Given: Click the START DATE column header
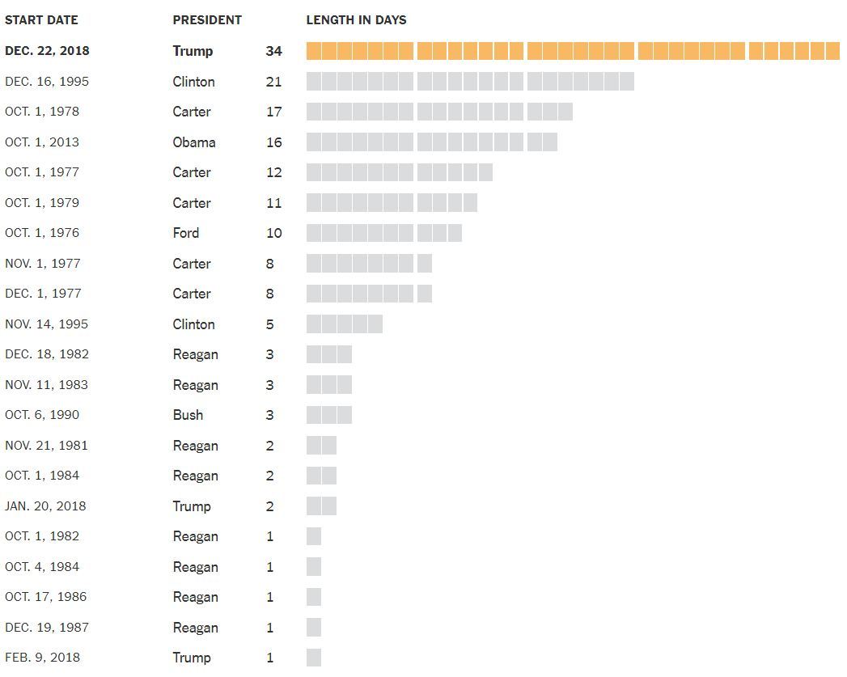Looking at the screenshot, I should coord(40,20).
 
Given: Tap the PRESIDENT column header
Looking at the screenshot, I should coord(207,20).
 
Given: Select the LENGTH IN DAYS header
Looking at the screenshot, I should coord(356,20).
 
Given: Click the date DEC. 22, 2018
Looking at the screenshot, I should coord(47,51).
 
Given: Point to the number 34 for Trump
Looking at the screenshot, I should coord(273,51).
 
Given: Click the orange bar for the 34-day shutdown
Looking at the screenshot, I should coord(573,51).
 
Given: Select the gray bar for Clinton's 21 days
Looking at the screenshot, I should coord(469,81).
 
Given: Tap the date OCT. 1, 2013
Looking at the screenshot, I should coord(42,142).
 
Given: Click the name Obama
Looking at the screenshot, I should coord(194,142).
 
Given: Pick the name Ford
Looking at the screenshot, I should coord(185,233).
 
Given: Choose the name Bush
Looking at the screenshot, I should coord(188,415).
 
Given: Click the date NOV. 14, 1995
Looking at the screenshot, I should coord(46,324).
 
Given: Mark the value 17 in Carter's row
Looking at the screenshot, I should coord(273,112).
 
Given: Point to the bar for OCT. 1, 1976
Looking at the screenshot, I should coord(383,233).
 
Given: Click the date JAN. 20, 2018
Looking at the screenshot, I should coord(45,506).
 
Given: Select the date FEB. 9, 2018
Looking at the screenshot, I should coord(42,658).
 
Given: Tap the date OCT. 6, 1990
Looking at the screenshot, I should coord(42,415).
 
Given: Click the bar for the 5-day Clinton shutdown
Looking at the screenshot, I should coord(344,324).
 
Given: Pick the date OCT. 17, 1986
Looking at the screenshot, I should coord(45,597).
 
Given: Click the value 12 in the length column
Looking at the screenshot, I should coord(273,172).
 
